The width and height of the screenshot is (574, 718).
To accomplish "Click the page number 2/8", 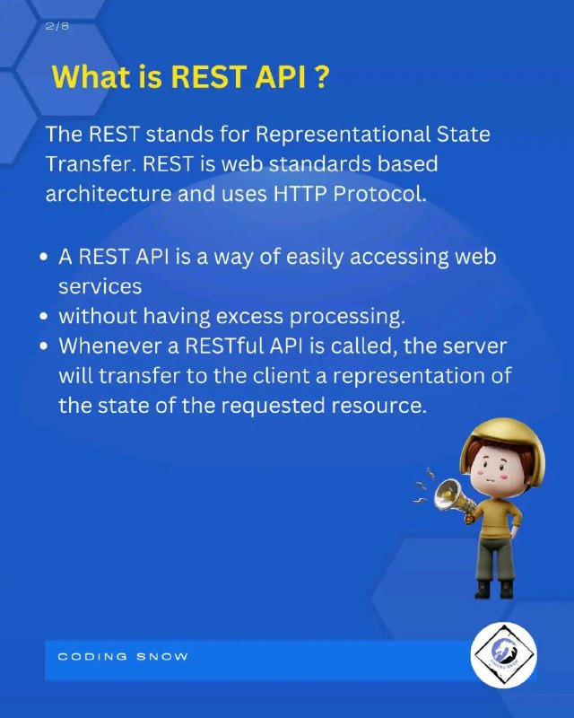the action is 57,26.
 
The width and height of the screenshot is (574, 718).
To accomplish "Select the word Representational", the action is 343,134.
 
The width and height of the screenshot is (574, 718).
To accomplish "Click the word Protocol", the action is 379,194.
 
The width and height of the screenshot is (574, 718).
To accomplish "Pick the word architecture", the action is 108,194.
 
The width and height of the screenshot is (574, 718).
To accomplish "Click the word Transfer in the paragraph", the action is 91,164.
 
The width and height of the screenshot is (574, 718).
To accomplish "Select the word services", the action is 100,287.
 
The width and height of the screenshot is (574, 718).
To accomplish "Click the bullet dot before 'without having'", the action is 44,317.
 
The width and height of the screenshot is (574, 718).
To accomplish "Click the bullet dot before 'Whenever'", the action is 44,346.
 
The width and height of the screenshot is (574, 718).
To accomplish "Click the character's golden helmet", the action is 502,446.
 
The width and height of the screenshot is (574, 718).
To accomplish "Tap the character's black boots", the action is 494,590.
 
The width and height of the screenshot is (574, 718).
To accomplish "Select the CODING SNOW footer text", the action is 123,657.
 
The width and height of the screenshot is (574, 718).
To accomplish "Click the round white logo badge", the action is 503,655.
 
